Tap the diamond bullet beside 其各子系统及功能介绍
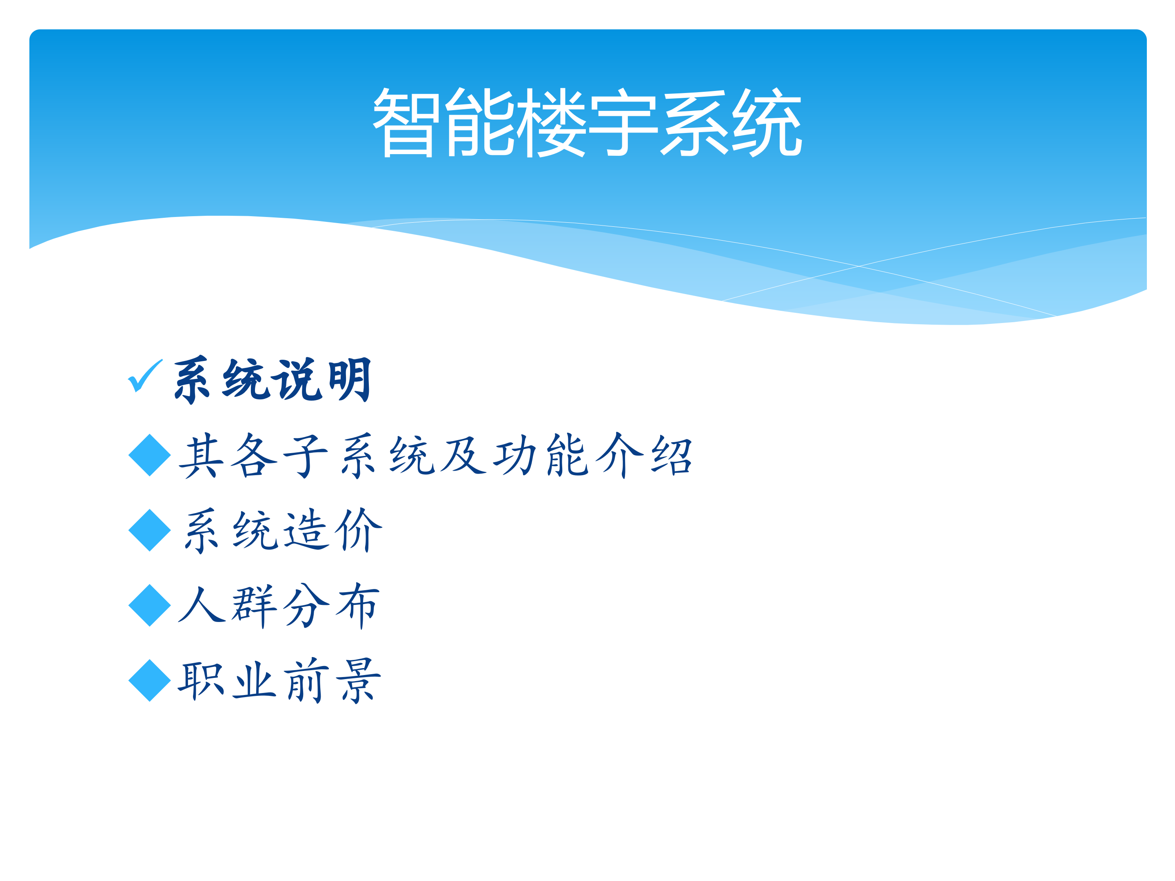150,455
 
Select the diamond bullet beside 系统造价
150,530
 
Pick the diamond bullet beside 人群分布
150,605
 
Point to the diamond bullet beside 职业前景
150,680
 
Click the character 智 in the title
406,123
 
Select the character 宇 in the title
624,123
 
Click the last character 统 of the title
767,123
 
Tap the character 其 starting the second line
201,456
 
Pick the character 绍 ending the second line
672,456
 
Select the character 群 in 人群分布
253,605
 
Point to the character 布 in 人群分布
357,605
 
